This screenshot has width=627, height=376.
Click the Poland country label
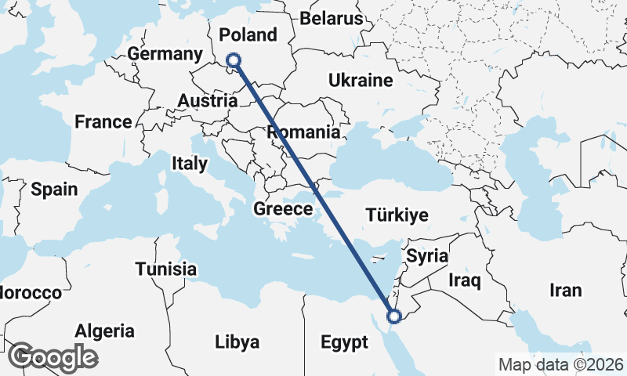pyautogui.click(x=248, y=35)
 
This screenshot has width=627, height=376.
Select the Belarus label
pyautogui.click(x=332, y=18)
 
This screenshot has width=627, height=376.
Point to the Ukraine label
pyautogui.click(x=360, y=80)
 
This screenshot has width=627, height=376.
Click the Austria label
pyautogui.click(x=208, y=101)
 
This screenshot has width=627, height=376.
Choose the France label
pyautogui.click(x=103, y=121)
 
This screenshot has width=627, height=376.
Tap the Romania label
pyautogui.click(x=303, y=132)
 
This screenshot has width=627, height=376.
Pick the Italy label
pyautogui.click(x=190, y=164)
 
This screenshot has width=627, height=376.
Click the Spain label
pyautogui.click(x=54, y=189)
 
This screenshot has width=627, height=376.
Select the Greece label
pyautogui.click(x=283, y=209)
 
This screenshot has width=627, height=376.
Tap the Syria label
pyautogui.click(x=427, y=256)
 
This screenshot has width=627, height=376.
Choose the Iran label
pyautogui.click(x=566, y=291)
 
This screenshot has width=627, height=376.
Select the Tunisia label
pyautogui.click(x=165, y=269)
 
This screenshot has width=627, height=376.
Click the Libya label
pyautogui.click(x=237, y=342)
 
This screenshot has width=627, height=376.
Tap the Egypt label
pyautogui.click(x=344, y=342)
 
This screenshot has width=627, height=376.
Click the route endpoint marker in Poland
pyautogui.click(x=233, y=60)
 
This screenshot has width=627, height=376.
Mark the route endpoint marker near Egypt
pyautogui.click(x=393, y=316)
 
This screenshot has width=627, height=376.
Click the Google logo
pyautogui.click(x=53, y=357)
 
